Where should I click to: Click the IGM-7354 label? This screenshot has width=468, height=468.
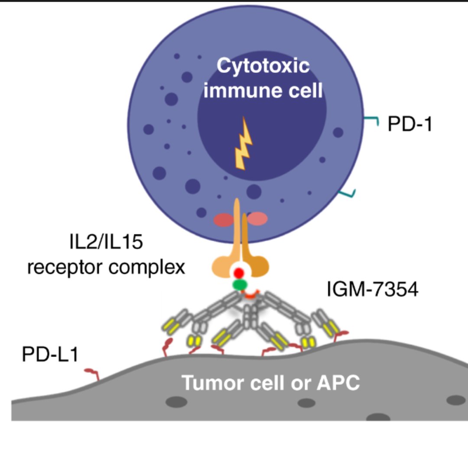373,290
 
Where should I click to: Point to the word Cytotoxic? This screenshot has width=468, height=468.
263,67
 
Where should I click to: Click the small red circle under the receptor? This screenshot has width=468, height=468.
238,273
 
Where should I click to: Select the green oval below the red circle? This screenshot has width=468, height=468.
239,285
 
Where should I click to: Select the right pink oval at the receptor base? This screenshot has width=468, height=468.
258,218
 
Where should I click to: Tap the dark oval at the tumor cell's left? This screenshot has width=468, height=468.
176,402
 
